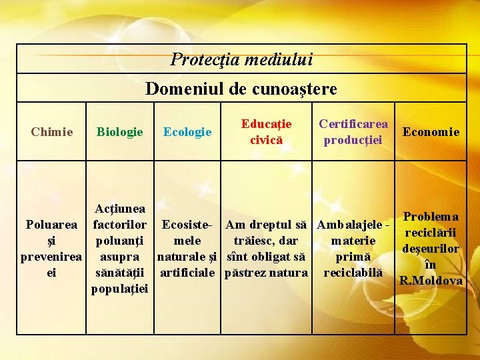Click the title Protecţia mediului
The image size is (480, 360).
[241, 59]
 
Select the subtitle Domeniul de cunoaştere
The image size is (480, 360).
[241, 89]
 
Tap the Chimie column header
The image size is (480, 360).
[52, 131]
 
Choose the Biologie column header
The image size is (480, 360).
[120, 131]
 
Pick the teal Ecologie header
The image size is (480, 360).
[187, 131]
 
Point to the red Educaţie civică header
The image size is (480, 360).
[267, 131]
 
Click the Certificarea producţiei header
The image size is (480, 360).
[353, 131]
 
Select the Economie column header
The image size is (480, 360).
[431, 131]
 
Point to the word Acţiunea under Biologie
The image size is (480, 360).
[121, 209]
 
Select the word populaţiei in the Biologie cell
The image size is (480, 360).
[121, 289]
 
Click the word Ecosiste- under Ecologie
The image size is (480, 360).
[187, 225]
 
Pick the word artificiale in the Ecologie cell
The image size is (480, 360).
[187, 273]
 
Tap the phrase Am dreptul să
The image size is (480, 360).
[267, 225]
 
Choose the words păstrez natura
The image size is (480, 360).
[267, 273]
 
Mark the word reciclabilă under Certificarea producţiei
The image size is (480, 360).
[353, 273]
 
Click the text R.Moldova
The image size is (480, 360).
[431, 281]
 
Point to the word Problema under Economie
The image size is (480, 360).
[431, 217]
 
